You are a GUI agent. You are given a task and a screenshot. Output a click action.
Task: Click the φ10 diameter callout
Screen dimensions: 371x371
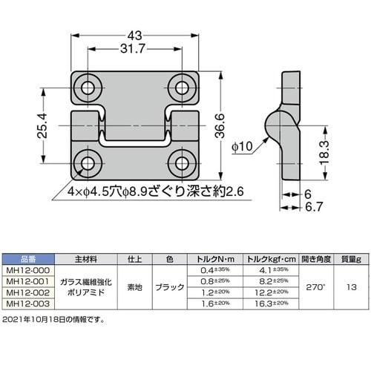tap(243, 146)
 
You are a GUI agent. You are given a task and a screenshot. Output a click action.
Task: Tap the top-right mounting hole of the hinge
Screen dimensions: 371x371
tap(180, 88)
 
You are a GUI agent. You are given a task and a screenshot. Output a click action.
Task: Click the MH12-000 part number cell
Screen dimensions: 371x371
tap(27, 270)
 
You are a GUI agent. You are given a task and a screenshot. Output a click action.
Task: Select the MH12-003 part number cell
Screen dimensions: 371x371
tap(27, 303)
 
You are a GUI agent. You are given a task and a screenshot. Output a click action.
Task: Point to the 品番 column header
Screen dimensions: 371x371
tap(27, 259)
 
